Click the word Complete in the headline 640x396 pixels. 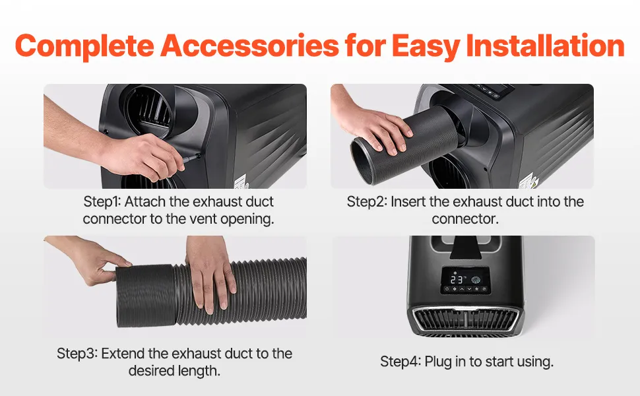click(x=84, y=46)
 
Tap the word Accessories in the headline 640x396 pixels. click(x=249, y=45)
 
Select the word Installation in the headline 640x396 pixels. click(x=545, y=45)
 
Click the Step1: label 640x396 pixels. click(x=102, y=202)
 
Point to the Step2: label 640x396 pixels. click(x=367, y=202)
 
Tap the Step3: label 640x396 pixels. click(x=77, y=354)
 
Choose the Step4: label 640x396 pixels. click(x=400, y=362)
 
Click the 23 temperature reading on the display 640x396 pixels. click(x=457, y=280)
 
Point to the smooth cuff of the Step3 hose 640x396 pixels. click(x=145, y=296)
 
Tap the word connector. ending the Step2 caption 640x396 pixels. click(x=465, y=219)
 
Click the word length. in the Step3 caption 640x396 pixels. click(x=199, y=371)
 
